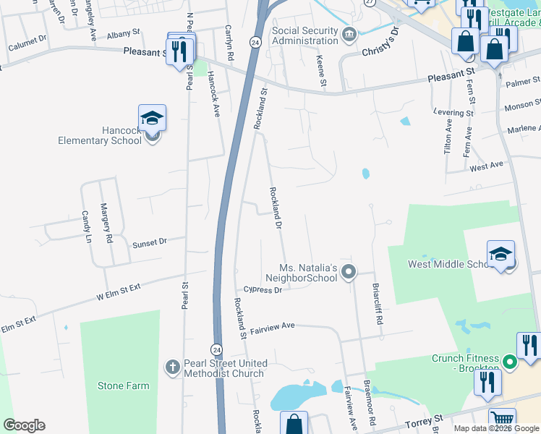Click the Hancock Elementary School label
point(100,135)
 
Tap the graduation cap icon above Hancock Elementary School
point(153,117)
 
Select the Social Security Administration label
point(304,36)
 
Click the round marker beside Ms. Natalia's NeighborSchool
point(349,272)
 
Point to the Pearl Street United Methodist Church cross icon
point(172,367)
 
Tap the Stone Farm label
point(123,386)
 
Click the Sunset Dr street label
point(149,243)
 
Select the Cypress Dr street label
point(263,290)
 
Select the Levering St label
point(453,113)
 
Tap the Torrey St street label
point(429,420)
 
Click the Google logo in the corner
point(25,425)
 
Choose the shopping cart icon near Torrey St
point(501,419)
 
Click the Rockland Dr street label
point(275,208)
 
